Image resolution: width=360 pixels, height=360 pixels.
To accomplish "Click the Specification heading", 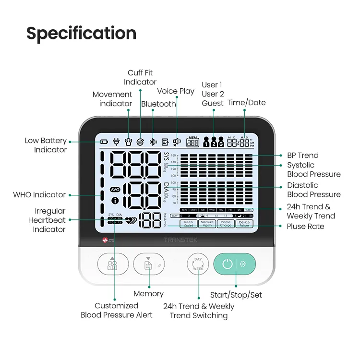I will tap(81, 33).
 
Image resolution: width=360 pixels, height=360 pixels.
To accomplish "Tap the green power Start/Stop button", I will tap(228, 264).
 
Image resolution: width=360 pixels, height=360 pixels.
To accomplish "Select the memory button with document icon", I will tap(148, 264).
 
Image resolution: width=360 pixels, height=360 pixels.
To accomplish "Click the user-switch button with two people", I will tap(113, 264).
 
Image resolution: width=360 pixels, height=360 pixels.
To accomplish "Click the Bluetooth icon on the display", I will tap(153, 142).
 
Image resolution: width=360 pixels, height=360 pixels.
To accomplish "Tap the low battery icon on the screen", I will tap(104, 142).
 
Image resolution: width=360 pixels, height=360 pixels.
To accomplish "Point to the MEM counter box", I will tap(192, 141).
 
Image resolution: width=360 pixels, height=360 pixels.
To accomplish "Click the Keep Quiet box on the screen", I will tap(189, 223).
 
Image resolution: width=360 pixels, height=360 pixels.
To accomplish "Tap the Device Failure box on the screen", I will tap(244, 223).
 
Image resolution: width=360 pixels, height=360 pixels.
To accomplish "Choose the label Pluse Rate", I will tap(305, 226).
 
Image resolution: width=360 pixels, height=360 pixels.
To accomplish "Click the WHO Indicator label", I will tap(40, 194).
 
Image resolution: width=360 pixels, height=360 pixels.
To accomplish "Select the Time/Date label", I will tap(246, 102).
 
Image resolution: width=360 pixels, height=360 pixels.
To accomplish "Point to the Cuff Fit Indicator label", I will tap(140, 78).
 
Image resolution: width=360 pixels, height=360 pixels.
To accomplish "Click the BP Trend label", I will tap(302, 155).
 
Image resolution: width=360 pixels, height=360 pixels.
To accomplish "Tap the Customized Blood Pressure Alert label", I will tap(117, 310).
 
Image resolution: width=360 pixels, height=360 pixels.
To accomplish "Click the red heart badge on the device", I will tap(106, 240).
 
